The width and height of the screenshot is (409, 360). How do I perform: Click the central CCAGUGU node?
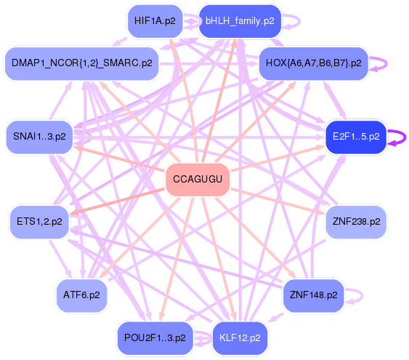point(198,180)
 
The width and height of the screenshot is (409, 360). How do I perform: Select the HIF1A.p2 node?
point(155,21)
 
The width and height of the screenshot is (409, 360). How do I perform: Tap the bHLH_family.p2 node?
point(240,21)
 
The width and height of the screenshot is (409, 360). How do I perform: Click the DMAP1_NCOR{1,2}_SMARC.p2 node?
point(82,63)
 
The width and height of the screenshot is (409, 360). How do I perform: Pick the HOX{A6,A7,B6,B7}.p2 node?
point(314,63)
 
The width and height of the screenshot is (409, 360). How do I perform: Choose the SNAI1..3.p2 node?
point(40,137)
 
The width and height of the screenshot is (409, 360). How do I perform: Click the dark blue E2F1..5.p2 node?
point(356,137)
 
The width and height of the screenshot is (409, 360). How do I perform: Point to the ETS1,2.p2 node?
point(40,222)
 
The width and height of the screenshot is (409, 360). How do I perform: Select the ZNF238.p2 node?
point(356,222)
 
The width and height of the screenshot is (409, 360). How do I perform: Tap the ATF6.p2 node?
point(82,295)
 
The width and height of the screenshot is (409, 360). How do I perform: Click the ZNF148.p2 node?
point(314,295)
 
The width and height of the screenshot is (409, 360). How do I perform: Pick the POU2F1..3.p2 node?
point(155,338)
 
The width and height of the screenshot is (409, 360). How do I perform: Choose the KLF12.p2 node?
point(240,338)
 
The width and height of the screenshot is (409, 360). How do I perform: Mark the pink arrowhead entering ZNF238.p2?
point(320,211)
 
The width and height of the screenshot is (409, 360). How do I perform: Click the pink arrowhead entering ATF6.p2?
point(103,275)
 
